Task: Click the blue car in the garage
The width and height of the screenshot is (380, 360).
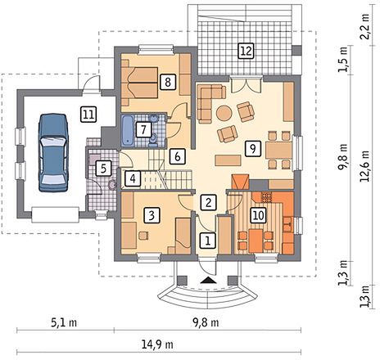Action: point(53,153)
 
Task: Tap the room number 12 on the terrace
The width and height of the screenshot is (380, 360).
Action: point(246,51)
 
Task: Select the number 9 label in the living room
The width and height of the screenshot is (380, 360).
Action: point(253,149)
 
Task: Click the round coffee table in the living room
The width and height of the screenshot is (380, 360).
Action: point(224,113)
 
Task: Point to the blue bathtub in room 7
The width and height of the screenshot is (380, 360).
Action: point(128,130)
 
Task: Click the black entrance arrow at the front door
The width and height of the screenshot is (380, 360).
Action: point(208,280)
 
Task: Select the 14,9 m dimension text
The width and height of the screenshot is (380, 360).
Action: point(157,345)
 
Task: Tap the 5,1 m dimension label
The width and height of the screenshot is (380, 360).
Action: point(64,323)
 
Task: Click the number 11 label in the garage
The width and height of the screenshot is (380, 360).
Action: point(88,115)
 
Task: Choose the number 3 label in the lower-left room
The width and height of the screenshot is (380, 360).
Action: point(152,215)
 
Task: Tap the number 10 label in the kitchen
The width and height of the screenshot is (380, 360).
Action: point(259,215)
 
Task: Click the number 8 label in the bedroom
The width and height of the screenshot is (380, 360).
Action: point(168,82)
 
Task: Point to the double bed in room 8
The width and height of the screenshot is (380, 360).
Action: point(139,83)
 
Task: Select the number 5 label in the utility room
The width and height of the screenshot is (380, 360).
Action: point(103,169)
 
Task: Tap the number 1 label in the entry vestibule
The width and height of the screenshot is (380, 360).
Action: point(208,241)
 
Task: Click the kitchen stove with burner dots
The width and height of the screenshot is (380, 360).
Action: point(266,197)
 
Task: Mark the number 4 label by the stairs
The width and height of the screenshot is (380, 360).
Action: point(133,178)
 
